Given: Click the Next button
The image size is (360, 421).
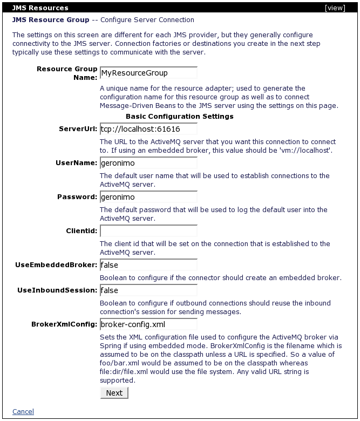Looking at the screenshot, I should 114,392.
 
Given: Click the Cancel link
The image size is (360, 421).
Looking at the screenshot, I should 23,412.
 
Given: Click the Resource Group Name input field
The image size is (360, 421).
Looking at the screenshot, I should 148,73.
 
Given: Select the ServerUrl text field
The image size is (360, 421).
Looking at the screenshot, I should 148,130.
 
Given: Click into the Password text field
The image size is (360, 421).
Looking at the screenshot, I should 148,198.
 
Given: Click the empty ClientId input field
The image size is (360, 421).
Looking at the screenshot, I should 148,232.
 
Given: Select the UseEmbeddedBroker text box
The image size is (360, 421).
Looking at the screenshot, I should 148,265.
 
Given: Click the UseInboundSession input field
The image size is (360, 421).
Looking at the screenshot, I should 148,291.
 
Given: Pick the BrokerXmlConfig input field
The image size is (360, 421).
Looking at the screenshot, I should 148,324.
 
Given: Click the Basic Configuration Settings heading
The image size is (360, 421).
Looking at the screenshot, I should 179,116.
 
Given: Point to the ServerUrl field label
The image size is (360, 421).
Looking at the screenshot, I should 78,130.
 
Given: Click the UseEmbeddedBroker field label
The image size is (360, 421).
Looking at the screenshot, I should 57,265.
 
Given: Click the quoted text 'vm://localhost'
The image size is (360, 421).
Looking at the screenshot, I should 306,150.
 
